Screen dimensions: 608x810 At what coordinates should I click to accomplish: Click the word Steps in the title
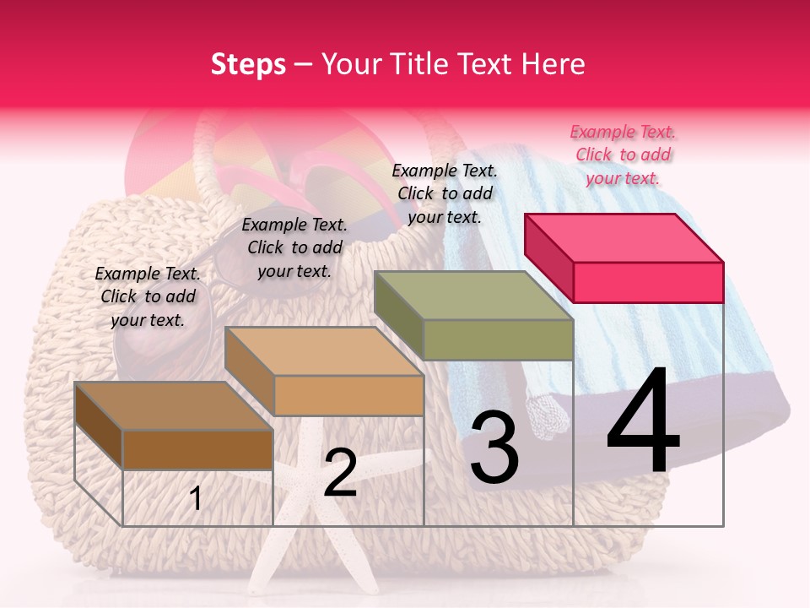[248, 64]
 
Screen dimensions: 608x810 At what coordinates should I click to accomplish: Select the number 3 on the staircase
[494, 448]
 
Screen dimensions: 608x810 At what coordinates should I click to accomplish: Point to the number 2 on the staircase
[340, 474]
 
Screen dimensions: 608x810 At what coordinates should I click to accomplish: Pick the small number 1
[196, 498]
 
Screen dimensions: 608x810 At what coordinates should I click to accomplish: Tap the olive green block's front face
[498, 339]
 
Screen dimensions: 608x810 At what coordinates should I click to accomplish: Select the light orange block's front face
[348, 395]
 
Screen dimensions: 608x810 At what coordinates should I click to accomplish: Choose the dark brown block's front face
[198, 449]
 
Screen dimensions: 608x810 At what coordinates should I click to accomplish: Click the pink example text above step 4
[623, 155]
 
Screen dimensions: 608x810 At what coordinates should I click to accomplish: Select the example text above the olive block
[445, 193]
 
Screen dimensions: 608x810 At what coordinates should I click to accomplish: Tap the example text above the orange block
[294, 247]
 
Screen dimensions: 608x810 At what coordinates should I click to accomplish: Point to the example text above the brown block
[148, 296]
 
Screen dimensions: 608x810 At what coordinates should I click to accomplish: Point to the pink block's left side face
[548, 258]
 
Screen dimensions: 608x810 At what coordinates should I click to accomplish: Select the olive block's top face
[472, 296]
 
